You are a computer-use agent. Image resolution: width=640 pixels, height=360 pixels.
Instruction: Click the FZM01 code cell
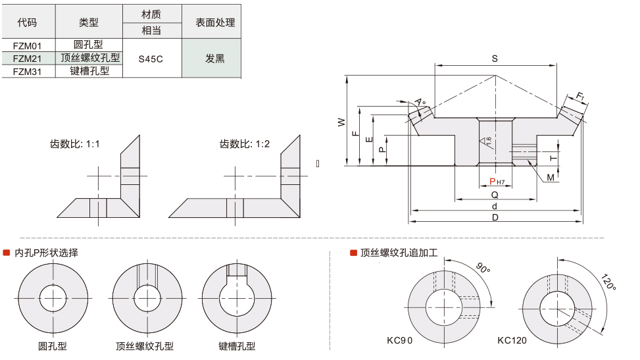click(x=28, y=45)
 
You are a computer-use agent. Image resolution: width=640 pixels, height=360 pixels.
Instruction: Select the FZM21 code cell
click(x=28, y=58)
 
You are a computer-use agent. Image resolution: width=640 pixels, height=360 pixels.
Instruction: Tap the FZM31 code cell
click(x=28, y=71)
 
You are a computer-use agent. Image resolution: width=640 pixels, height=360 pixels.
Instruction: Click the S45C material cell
click(x=151, y=59)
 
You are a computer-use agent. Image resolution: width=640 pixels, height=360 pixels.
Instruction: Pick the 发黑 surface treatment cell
click(x=214, y=59)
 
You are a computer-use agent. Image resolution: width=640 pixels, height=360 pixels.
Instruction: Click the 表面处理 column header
click(x=215, y=22)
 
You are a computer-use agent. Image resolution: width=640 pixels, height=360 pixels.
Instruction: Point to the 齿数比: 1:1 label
click(x=75, y=144)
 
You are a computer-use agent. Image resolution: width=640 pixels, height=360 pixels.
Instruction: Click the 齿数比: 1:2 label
click(x=245, y=144)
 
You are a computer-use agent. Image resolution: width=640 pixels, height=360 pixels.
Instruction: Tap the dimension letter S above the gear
click(x=495, y=59)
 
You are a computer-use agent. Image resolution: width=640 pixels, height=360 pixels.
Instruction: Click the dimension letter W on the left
click(x=341, y=122)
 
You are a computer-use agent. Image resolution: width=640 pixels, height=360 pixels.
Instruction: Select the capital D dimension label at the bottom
click(x=495, y=217)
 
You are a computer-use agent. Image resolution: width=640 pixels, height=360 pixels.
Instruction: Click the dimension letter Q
click(x=495, y=195)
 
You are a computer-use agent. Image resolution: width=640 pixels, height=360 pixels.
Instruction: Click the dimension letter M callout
click(x=550, y=177)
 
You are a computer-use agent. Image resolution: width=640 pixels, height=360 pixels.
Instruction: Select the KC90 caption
click(x=400, y=340)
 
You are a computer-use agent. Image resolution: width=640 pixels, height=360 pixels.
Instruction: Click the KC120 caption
click(x=512, y=340)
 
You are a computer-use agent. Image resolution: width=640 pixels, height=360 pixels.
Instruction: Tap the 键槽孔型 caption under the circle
click(x=237, y=346)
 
